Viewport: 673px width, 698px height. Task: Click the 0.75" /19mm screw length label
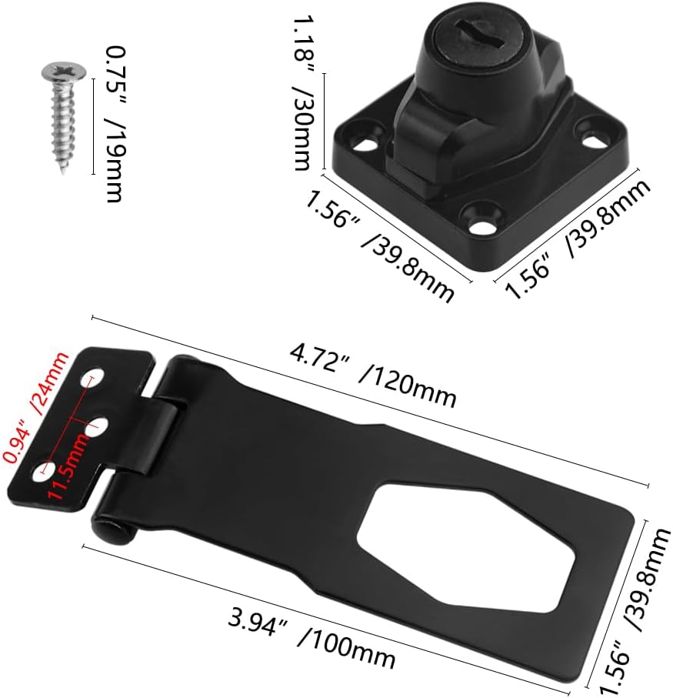click(112, 124)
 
